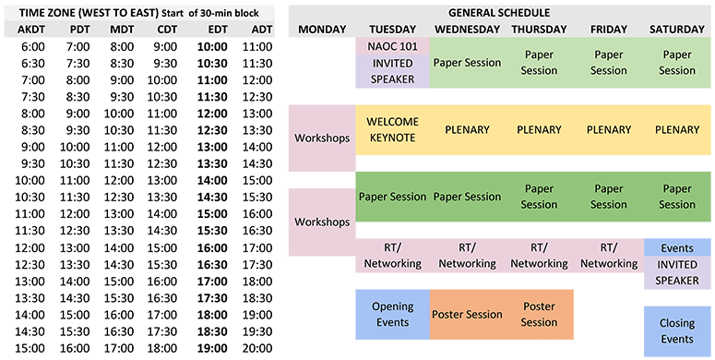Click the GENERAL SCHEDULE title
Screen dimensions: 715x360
tap(499, 13)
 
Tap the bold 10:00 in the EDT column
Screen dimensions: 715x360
tap(212, 46)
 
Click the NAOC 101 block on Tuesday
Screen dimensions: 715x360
tap(392, 46)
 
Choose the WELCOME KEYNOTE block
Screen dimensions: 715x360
tap(392, 129)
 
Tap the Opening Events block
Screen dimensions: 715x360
tap(392, 315)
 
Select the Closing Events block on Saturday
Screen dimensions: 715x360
tap(677, 331)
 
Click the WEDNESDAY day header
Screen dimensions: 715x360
tap(467, 30)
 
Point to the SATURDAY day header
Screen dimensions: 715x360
tap(676, 30)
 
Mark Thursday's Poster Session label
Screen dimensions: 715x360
tap(539, 315)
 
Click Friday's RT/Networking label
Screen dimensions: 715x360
tap(609, 256)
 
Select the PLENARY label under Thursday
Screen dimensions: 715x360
tap(539, 129)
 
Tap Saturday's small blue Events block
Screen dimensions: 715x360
tap(677, 247)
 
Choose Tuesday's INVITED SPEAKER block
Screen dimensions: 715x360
tap(392, 71)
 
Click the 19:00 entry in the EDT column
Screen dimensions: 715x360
tap(212, 349)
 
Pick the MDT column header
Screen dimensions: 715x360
tap(122, 30)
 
